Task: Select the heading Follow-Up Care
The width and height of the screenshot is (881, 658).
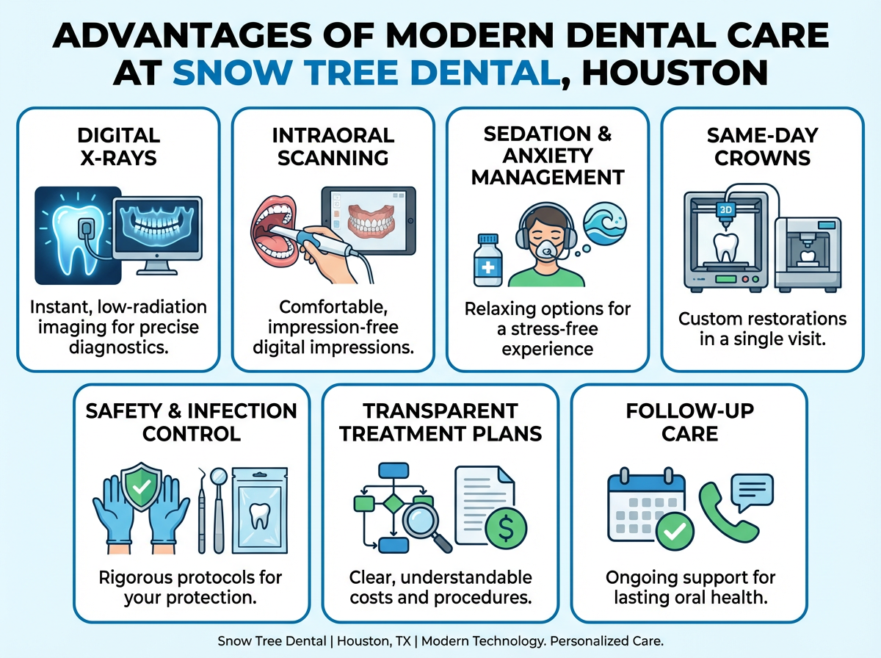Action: pyautogui.click(x=689, y=422)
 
